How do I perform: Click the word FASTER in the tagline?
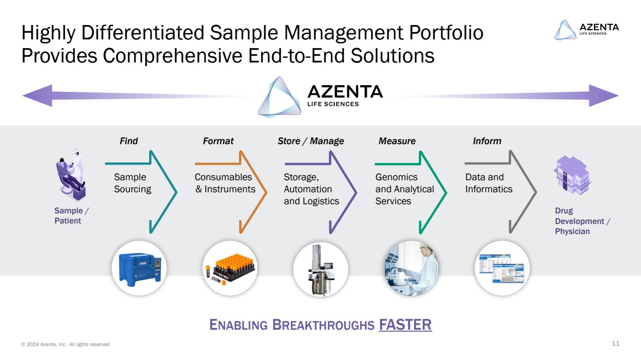[x=405, y=324]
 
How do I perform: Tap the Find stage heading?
[x=129, y=141]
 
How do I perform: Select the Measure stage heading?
[x=397, y=141]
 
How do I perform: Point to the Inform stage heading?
[x=487, y=141]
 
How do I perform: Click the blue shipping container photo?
[x=139, y=268]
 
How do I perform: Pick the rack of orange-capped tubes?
[x=230, y=268]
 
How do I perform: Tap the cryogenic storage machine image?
[x=320, y=269]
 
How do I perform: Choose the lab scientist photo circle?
[x=412, y=268]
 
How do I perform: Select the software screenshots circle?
[x=502, y=268]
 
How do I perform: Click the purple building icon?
[x=572, y=174]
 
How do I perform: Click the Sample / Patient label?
[x=72, y=216]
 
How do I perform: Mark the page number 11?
[x=616, y=343]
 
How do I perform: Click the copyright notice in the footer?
[x=65, y=344]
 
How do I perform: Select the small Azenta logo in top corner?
[x=586, y=30]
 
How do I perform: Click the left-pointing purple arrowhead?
[x=38, y=96]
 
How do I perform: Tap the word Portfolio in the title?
[x=446, y=33]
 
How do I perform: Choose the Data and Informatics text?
[x=489, y=183]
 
